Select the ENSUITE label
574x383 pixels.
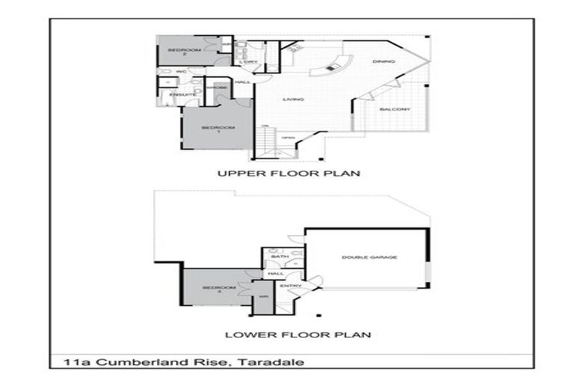(x=182, y=95)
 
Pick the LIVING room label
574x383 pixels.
(x=291, y=99)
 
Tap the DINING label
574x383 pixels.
(x=383, y=63)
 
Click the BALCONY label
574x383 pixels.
(x=394, y=110)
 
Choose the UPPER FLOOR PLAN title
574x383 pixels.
(x=288, y=174)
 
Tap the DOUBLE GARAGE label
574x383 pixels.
(x=369, y=257)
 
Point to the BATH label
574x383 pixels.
(x=280, y=257)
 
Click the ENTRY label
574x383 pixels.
(x=290, y=286)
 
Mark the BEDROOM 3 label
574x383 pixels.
(x=219, y=290)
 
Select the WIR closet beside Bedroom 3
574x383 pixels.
(x=263, y=297)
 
